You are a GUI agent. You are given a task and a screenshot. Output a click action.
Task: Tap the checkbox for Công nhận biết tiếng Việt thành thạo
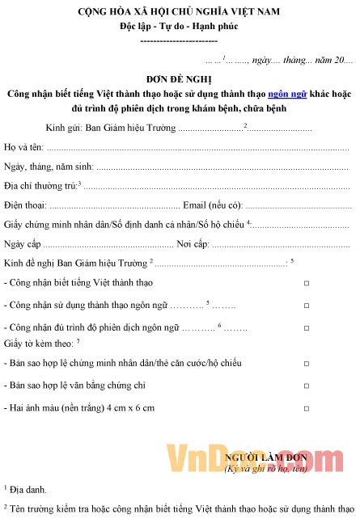(306, 284)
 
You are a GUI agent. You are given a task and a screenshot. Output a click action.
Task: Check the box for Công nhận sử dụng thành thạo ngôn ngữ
(306, 306)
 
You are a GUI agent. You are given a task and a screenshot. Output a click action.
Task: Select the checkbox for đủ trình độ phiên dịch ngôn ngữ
(306, 328)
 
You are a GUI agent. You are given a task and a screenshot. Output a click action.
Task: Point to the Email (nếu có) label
(213, 205)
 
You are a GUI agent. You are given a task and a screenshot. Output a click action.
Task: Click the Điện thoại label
(25, 205)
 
